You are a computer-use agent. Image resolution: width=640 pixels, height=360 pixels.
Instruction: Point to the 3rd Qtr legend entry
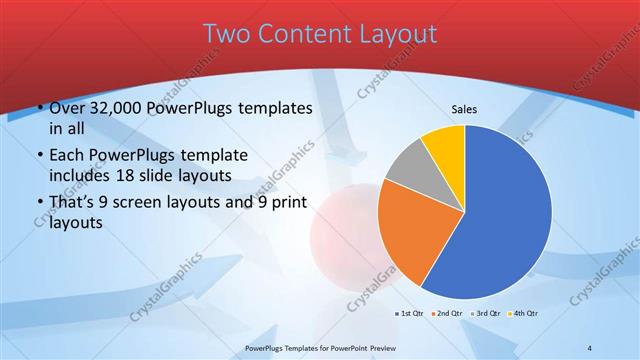tap(488, 313)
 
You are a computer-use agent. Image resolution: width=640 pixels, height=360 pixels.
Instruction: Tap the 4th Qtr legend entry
tap(526, 313)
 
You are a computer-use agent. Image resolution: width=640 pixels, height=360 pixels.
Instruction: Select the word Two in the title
tap(226, 34)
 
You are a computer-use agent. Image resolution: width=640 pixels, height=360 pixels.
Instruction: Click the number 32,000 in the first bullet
tap(116, 108)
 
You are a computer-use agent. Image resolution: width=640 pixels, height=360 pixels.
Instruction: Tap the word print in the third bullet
tap(288, 203)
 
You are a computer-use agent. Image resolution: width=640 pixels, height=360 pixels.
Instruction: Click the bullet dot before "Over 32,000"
tap(38, 108)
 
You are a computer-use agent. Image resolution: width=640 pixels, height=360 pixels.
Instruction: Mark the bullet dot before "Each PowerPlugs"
tap(38, 156)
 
